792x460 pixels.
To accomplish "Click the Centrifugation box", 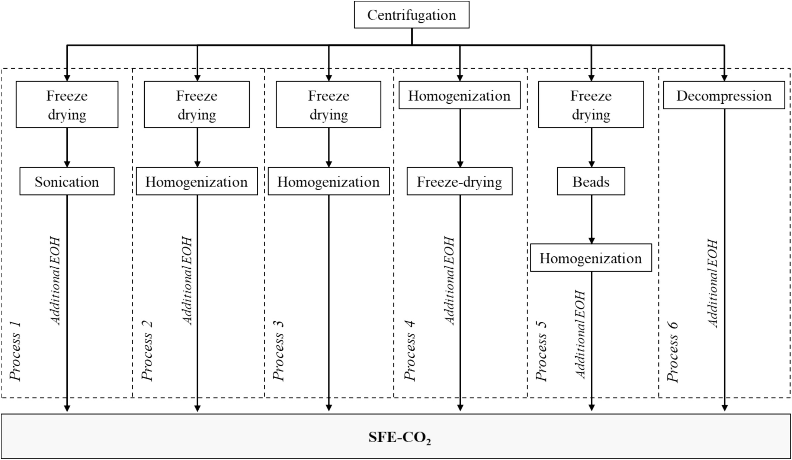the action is point(411,14).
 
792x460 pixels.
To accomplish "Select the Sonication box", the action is point(67,181).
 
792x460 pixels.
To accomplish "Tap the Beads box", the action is point(591,181).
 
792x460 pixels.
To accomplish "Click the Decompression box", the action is point(724,95).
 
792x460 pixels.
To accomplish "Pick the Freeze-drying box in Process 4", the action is point(459,181).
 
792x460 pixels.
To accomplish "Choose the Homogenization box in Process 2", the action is point(197,181).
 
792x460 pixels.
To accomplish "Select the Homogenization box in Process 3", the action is point(328,181).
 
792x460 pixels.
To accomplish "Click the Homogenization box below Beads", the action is point(591,258).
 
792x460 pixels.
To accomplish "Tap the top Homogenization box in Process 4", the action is point(459,95).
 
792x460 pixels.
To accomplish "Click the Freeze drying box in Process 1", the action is point(67,104).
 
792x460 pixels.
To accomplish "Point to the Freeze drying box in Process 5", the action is point(591,104).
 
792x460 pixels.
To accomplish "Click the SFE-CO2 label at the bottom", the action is point(400,437).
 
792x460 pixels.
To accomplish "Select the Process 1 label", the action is point(16,352).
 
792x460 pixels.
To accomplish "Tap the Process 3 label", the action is point(279,352).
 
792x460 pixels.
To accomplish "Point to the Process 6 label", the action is point(673,352).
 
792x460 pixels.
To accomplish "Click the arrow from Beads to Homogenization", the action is point(591,219).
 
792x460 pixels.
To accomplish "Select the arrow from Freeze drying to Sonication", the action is point(67,148).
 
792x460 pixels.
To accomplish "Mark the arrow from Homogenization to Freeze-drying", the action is point(460,138).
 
